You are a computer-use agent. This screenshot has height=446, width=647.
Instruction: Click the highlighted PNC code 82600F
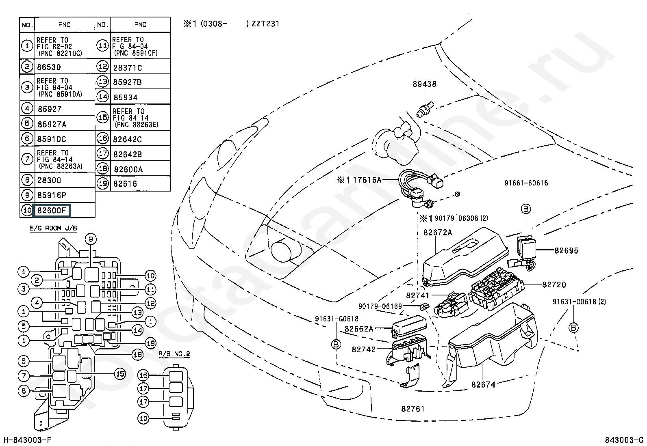coord(52,210)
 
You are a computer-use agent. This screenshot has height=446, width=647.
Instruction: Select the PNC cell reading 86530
coord(49,67)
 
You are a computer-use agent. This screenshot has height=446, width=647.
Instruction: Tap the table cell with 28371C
coord(127,68)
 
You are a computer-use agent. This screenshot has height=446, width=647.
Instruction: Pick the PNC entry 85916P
coord(52,195)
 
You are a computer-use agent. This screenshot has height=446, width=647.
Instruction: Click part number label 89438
coord(424,84)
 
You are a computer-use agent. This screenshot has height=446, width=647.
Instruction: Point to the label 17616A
coord(367,180)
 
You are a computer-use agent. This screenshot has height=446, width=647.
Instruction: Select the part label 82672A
coord(438,233)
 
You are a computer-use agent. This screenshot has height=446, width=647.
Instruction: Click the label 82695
coord(566,250)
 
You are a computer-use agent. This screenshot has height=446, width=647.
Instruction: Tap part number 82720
coord(554,285)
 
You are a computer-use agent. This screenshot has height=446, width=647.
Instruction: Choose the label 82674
coord(483,385)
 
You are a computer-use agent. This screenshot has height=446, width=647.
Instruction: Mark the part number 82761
coord(413,409)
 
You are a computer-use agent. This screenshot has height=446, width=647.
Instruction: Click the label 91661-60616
coord(526,183)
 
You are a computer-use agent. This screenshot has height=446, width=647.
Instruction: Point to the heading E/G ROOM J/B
coord(53,228)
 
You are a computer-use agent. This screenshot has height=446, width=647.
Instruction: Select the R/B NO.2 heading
coord(174,354)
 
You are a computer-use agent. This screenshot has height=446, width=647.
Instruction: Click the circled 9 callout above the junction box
coord(91,239)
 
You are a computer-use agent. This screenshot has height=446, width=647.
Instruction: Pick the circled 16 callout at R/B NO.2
coord(143,375)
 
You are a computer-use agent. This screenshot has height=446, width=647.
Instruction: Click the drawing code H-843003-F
coord(28,440)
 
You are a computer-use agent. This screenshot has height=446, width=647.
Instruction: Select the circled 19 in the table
coord(103,183)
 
